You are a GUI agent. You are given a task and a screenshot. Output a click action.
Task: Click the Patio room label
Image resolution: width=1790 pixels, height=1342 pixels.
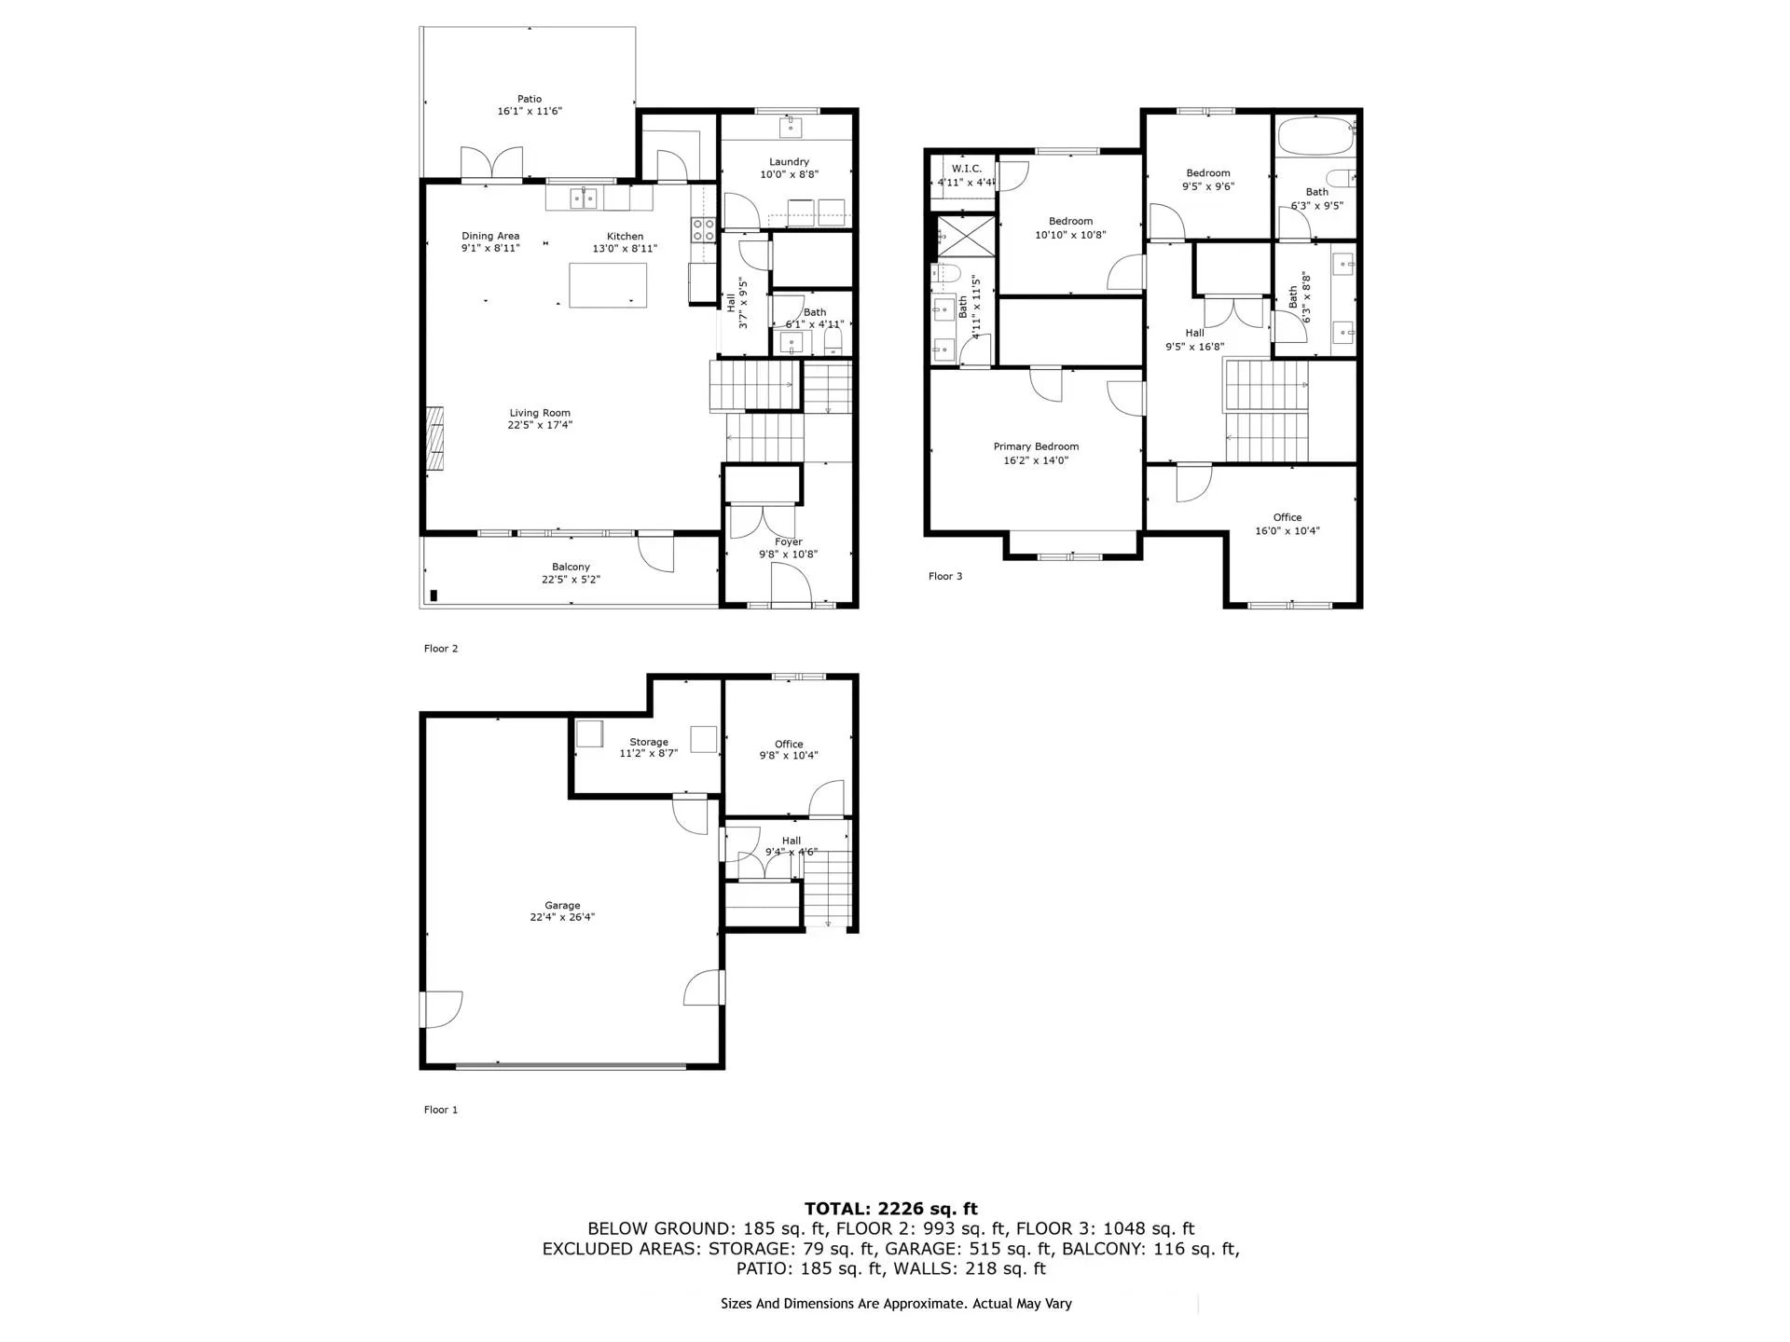pos(530,99)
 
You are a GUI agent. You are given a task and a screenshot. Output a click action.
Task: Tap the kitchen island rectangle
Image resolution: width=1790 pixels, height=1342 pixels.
pos(608,285)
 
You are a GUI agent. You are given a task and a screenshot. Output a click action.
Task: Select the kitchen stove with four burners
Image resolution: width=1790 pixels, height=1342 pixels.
pos(703,230)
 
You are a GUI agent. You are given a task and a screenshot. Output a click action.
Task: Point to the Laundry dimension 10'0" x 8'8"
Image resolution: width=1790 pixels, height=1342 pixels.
pos(789,174)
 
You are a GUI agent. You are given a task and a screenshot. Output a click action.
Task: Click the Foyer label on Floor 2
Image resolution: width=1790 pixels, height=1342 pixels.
pos(788,541)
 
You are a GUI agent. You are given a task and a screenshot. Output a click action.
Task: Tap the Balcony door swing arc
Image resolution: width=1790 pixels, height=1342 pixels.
pos(655,555)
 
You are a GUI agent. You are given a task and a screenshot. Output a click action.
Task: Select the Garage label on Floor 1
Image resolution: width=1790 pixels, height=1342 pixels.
pos(562,905)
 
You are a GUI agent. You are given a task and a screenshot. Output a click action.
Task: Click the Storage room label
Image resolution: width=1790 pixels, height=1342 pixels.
pos(648,742)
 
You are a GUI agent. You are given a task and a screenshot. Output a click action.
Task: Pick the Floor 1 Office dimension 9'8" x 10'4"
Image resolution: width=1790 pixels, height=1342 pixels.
pos(789,756)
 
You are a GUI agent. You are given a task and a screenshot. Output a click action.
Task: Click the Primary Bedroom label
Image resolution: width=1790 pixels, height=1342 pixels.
pos(1036,446)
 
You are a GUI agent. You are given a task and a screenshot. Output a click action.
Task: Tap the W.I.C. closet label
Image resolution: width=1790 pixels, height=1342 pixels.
pos(966,169)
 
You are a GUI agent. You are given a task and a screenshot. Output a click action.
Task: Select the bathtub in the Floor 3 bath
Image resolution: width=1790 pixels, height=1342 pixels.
pos(1313,137)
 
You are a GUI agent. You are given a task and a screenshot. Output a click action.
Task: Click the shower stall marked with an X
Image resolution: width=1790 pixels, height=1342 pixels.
pos(965,235)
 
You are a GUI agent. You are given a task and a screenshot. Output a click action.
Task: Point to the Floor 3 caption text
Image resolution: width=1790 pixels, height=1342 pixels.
pos(945,576)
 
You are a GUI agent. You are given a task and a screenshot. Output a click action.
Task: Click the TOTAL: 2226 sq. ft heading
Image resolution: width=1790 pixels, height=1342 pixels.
pos(890,1209)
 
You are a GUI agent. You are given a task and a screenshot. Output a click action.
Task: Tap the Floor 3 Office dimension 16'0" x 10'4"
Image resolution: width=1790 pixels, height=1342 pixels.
pos(1287,531)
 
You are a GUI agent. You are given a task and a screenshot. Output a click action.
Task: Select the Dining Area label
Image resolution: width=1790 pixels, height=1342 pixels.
pos(490,236)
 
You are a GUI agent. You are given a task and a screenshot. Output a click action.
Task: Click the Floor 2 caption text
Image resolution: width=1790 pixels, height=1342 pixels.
pos(441,649)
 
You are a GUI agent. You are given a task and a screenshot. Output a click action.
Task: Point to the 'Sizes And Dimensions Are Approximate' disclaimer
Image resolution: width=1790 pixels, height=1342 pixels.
pos(895,1304)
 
